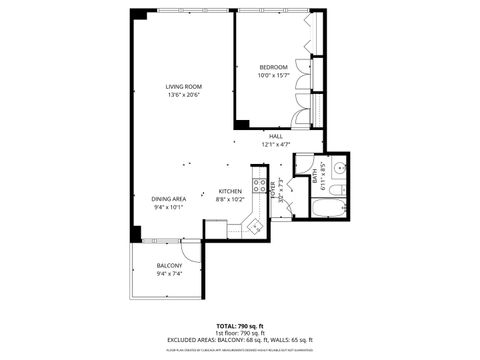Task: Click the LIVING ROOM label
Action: pyautogui.click(x=183, y=87)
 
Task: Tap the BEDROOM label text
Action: pyautogui.click(x=272, y=67)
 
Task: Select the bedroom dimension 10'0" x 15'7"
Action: pyautogui.click(x=272, y=76)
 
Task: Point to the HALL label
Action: pyautogui.click(x=275, y=135)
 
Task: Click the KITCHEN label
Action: pyautogui.click(x=230, y=191)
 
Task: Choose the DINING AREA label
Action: pyautogui.click(x=168, y=199)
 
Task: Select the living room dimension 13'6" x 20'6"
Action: pyautogui.click(x=183, y=96)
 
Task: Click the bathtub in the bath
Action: pyautogui.click(x=329, y=209)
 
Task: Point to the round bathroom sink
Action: pyautogui.click(x=338, y=168)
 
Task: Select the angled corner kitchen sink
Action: pyautogui.click(x=254, y=226)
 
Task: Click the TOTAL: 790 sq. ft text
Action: pyautogui.click(x=240, y=326)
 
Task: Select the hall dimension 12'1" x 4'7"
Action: pyautogui.click(x=275, y=144)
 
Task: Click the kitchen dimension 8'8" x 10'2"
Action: pyautogui.click(x=230, y=200)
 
